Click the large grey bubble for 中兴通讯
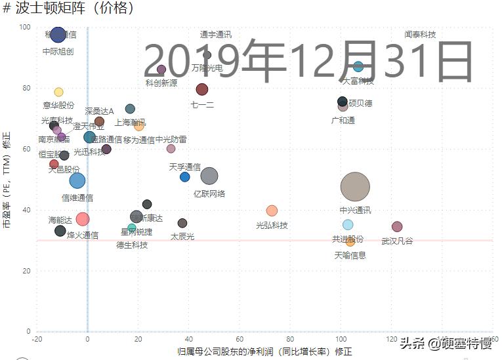356,187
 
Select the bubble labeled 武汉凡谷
397,227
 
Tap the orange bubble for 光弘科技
272,210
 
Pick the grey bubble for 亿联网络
209,176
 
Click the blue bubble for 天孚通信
185,177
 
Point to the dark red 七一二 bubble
202,89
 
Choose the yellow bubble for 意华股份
58,92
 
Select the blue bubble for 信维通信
77,180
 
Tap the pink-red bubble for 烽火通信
83,219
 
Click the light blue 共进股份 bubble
348,225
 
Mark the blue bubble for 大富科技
358,66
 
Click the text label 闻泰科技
420,35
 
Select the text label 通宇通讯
215,35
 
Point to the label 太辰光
182,236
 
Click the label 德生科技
132,245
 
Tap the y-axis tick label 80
26,88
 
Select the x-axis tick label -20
37,339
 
